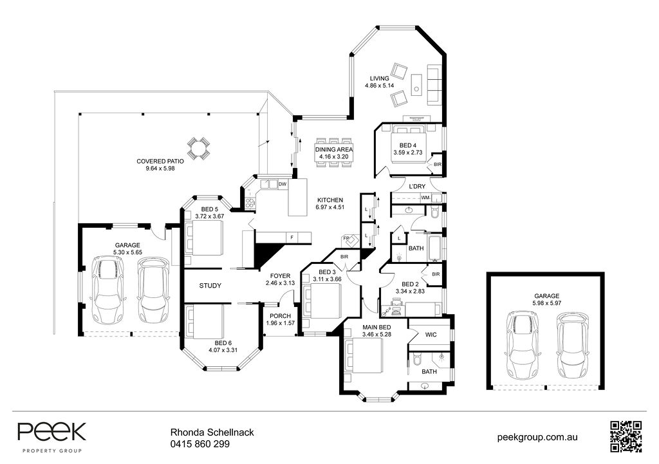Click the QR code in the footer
(626, 436)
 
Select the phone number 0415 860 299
(200, 443)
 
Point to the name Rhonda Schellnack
(212, 433)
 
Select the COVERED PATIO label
(160, 161)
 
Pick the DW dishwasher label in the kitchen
(282, 184)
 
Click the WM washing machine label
(425, 197)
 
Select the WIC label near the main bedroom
(431, 334)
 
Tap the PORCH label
(280, 315)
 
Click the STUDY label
(210, 286)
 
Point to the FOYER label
(279, 275)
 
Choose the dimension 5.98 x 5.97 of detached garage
(547, 302)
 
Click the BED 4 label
(407, 145)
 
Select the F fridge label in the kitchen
(292, 238)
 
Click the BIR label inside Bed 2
(436, 274)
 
